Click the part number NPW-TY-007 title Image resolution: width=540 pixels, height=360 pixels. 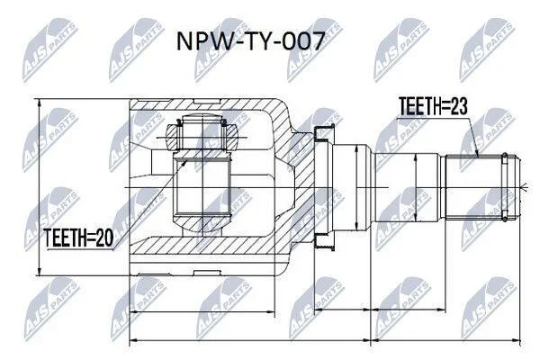tap(250, 41)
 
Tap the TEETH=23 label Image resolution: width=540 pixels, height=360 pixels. tap(433, 106)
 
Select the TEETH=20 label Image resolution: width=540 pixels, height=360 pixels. tap(78, 238)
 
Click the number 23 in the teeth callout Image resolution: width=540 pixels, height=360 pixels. tap(459, 106)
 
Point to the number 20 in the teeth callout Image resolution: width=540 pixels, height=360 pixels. tap(104, 238)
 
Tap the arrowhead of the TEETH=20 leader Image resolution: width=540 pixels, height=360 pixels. tap(184, 162)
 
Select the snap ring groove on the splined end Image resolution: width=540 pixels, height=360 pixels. tap(505, 186)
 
